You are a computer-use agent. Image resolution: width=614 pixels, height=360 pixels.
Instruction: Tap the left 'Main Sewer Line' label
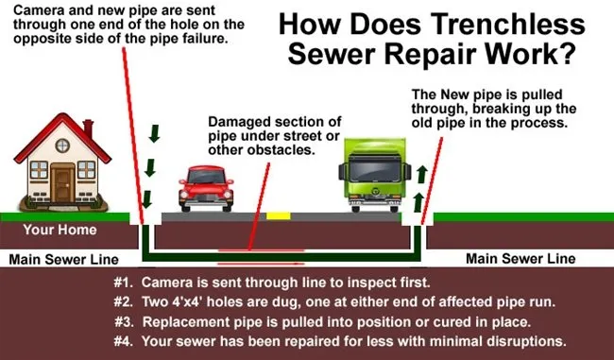(63, 258)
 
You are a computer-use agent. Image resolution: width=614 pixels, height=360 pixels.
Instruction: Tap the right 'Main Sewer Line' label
(521, 258)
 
